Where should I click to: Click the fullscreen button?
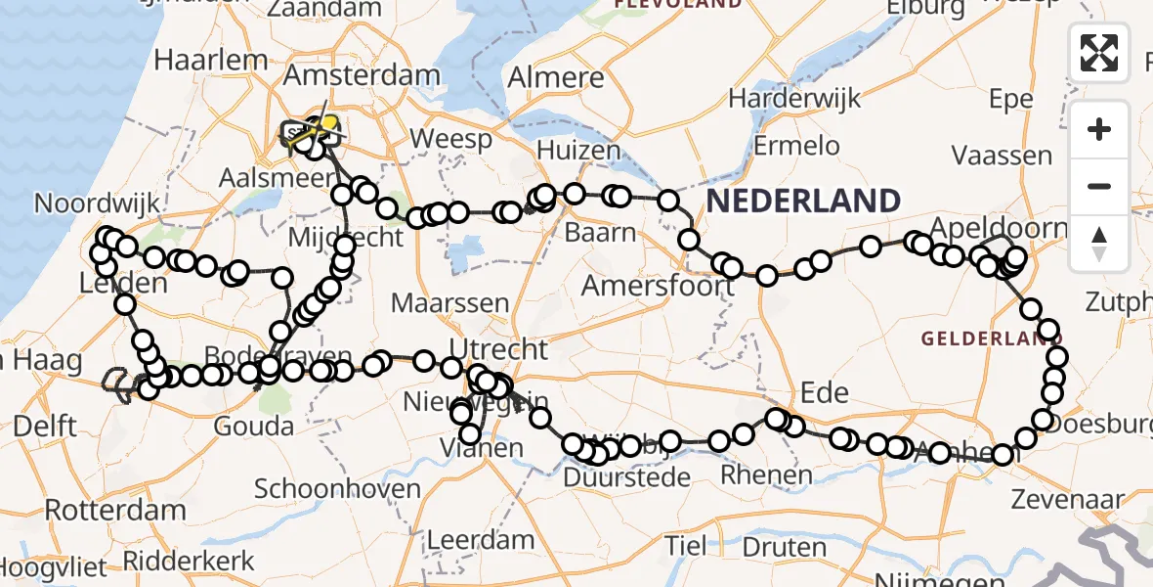(x=1099, y=53)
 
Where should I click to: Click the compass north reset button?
(x=1099, y=243)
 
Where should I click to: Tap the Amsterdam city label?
(x=362, y=76)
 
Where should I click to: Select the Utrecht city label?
(x=498, y=348)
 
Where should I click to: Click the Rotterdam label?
(x=115, y=510)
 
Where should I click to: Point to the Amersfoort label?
(x=658, y=286)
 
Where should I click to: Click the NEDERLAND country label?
(x=803, y=201)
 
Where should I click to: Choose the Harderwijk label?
(x=794, y=98)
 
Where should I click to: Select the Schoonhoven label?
(x=337, y=489)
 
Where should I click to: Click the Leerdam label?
(x=481, y=539)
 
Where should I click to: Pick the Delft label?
(x=45, y=427)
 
